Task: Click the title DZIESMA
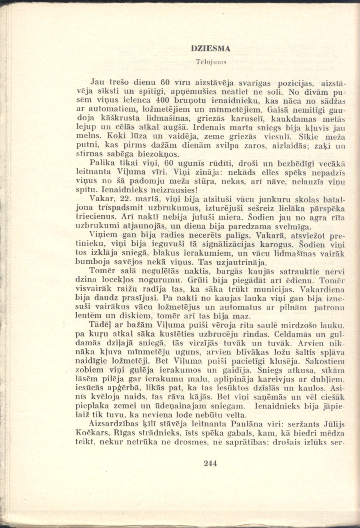210,49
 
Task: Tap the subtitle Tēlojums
211,62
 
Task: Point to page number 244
210,464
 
